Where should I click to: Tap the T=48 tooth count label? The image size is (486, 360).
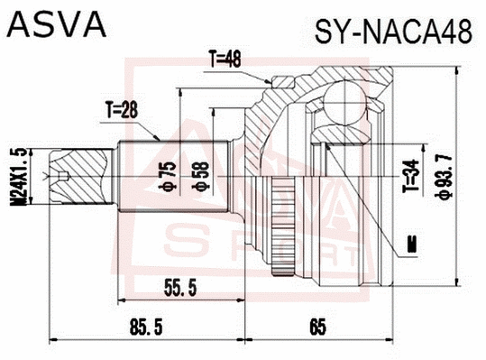pyautogui.click(x=225, y=61)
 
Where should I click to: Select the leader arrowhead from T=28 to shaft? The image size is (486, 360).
pyautogui.click(x=160, y=137)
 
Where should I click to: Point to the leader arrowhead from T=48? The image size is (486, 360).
pyautogui.click(x=272, y=84)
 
